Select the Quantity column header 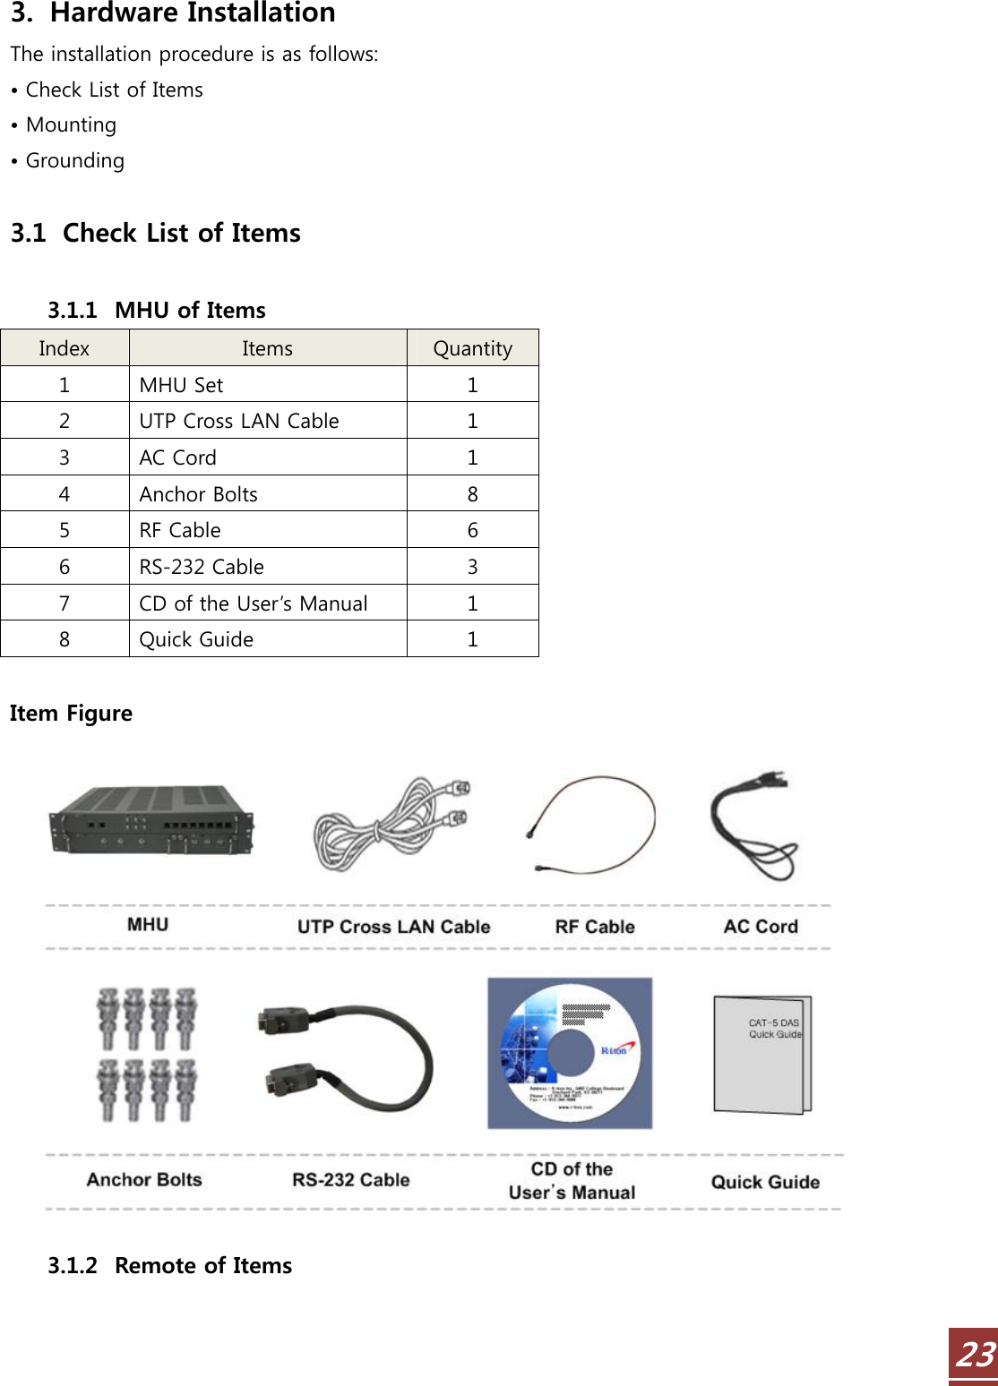(x=472, y=348)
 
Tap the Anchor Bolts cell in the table (x=199, y=494)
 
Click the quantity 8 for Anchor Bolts (x=472, y=494)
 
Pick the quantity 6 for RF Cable (x=472, y=530)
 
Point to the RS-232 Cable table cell (x=202, y=567)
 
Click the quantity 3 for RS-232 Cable (x=472, y=567)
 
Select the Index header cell (x=65, y=348)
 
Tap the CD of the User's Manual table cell (x=254, y=603)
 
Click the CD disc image (x=570, y=1053)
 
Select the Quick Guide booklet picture (x=762, y=1054)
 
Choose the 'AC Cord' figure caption (x=761, y=927)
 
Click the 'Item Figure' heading (x=72, y=714)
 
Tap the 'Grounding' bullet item (x=75, y=161)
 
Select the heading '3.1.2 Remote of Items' (x=170, y=1265)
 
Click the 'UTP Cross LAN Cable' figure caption (x=393, y=927)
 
